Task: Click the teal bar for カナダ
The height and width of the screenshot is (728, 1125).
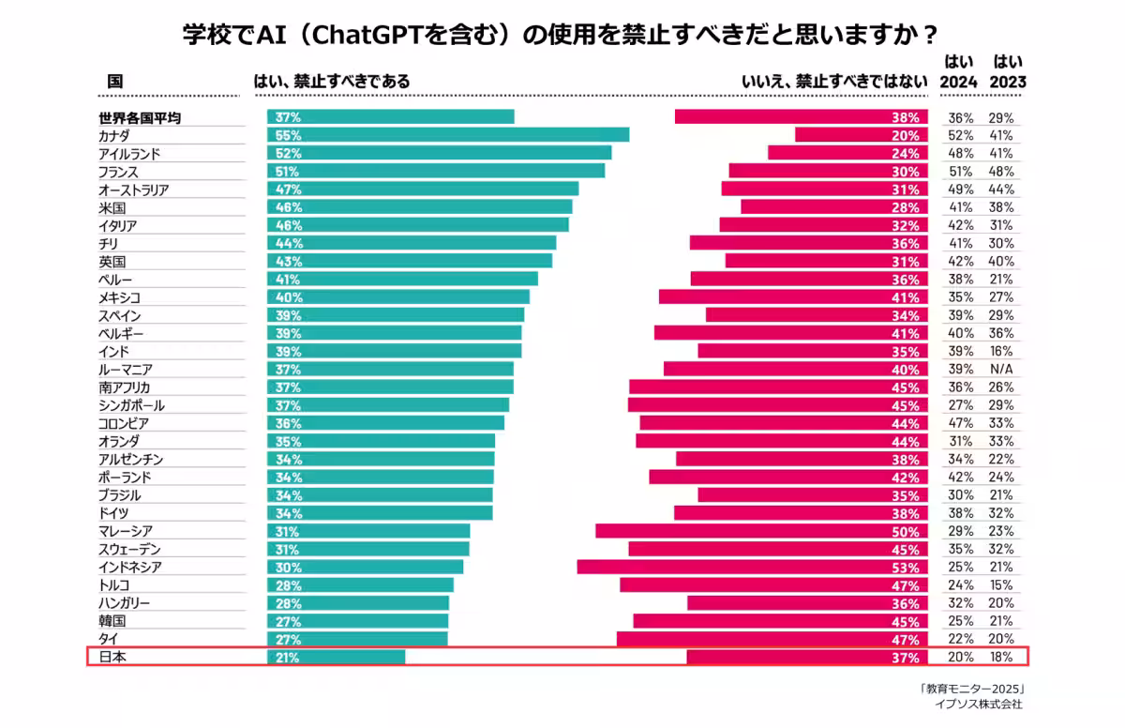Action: (448, 135)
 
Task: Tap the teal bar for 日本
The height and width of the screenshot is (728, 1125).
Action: (337, 657)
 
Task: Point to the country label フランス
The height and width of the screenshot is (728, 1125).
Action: (118, 172)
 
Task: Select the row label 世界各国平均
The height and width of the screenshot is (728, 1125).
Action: (140, 117)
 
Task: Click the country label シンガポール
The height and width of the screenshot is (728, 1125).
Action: (131, 405)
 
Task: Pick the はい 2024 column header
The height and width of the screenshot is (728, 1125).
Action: (958, 72)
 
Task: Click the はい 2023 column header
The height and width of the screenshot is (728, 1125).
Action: (1008, 72)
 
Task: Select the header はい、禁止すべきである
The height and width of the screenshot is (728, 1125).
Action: (332, 82)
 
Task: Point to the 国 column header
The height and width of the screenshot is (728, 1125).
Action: (114, 82)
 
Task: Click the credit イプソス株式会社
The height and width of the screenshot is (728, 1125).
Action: (979, 704)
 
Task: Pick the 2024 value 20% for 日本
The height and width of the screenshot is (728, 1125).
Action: (960, 657)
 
